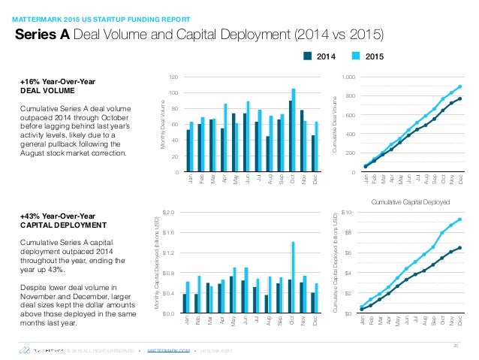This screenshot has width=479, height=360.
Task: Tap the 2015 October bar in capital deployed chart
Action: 294,277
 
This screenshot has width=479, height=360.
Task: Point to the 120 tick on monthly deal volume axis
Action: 173,77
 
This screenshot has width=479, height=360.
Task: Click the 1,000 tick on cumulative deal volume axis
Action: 346,77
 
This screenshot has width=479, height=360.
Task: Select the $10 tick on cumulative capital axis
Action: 346,213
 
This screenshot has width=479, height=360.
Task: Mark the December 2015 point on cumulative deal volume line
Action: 459,86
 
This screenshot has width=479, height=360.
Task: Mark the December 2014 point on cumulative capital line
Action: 459,248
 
